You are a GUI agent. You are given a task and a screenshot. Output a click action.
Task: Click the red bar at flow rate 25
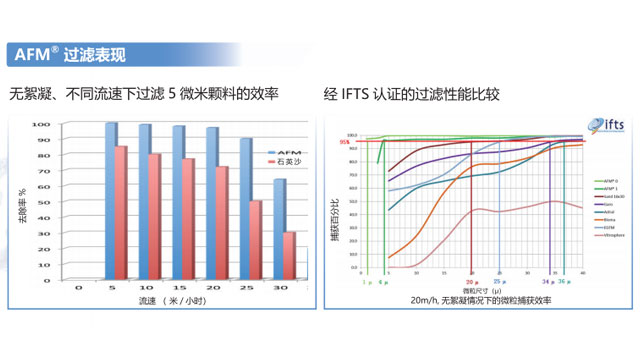pos(256,239)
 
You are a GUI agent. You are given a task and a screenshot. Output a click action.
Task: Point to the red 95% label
pos(345,142)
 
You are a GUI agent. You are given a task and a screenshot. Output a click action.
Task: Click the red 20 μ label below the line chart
pos(471,283)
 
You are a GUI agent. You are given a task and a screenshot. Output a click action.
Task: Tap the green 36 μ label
pos(564,283)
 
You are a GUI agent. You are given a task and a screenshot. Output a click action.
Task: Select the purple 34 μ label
pos(546,283)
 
